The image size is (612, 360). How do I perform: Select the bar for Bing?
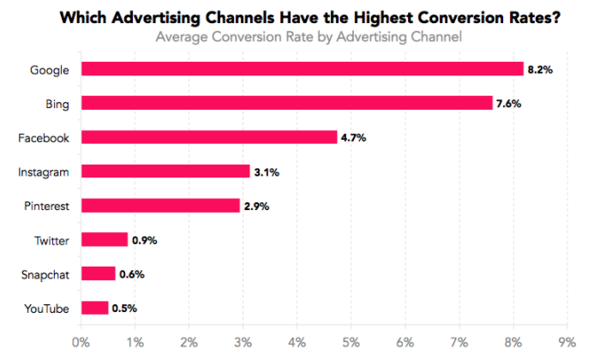click(x=286, y=103)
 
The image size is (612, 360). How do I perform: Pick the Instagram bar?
click(x=165, y=171)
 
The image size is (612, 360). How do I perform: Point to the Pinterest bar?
click(x=159, y=206)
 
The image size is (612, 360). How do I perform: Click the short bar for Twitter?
click(x=104, y=240)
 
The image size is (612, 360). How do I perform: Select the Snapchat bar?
click(x=97, y=273)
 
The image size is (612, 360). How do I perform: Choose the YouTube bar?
click(x=94, y=308)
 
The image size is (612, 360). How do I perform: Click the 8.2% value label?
click(x=540, y=69)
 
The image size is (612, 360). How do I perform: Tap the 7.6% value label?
click(x=509, y=103)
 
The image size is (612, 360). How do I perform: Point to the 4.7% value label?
click(x=354, y=137)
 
